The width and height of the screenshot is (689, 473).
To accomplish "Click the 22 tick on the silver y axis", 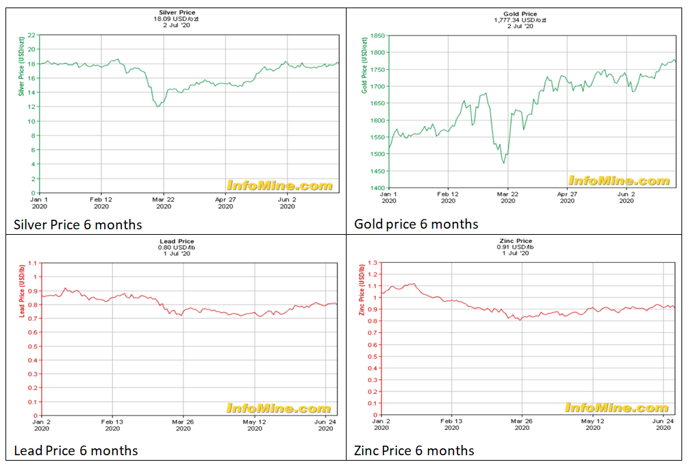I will (x=31, y=35).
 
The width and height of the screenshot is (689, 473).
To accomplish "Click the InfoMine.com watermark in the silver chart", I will (x=279, y=186).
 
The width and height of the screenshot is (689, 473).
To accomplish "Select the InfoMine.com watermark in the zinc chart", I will (x=617, y=408).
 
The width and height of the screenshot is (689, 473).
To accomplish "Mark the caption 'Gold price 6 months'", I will (x=416, y=224).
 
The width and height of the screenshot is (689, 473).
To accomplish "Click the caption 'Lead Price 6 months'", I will (x=76, y=450).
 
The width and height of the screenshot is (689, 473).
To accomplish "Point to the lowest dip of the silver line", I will (x=158, y=107).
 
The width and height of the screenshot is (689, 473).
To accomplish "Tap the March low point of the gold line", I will (x=503, y=163).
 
